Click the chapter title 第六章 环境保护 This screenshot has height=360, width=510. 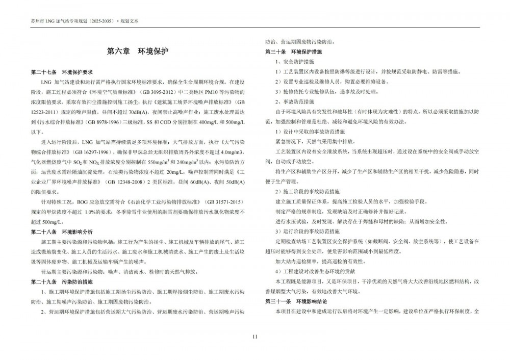pyautogui.click(x=137, y=52)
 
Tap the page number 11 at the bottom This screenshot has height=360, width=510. pyautogui.click(x=255, y=336)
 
